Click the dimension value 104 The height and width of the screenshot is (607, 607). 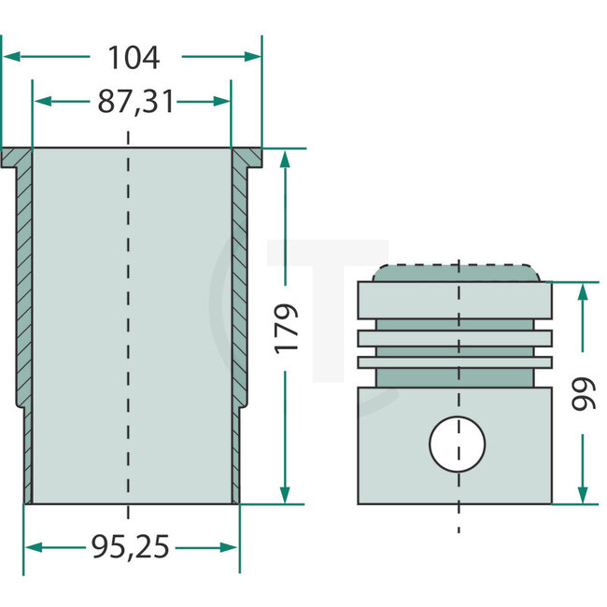pyautogui.click(x=134, y=58)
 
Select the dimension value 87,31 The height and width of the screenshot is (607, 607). pyautogui.click(x=136, y=102)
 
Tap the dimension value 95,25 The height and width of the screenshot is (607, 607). pyautogui.click(x=133, y=547)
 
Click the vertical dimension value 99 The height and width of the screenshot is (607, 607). pyautogui.click(x=584, y=393)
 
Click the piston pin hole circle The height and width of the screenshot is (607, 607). pyautogui.click(x=458, y=443)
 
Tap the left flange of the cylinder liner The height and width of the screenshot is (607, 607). pyautogui.click(x=16, y=158)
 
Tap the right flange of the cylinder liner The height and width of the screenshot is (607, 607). pyautogui.click(x=247, y=158)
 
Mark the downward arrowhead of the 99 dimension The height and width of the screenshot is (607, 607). pyautogui.click(x=584, y=494)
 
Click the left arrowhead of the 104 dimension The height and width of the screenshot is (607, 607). pyautogui.click(x=11, y=57)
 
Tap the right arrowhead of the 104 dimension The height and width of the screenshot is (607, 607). pyautogui.click(x=253, y=57)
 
